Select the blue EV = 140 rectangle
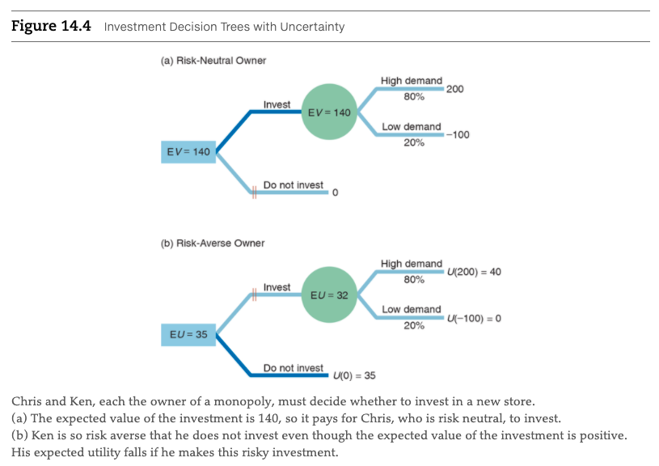188,151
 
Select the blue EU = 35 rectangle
188,333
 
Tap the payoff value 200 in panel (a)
454,89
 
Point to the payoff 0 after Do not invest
335,193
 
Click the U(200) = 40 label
474,272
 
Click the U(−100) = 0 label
474,318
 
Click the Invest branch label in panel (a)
277,104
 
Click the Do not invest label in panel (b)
293,368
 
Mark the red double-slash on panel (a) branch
253,192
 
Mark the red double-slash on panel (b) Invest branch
253,295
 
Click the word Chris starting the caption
27,402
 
